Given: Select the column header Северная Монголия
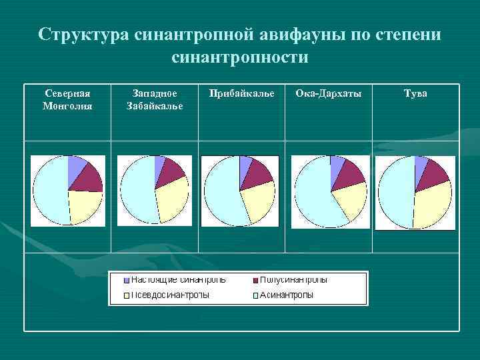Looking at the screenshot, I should pyautogui.click(x=67, y=99).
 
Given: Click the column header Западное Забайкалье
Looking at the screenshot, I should pyautogui.click(x=155, y=99).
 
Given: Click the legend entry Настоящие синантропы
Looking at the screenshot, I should pyautogui.click(x=177, y=279).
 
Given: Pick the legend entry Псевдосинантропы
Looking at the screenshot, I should pyautogui.click(x=169, y=295).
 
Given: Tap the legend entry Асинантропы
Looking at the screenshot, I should pyautogui.click(x=286, y=295).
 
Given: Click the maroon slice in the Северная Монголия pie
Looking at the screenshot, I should pyautogui.click(x=85, y=178).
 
